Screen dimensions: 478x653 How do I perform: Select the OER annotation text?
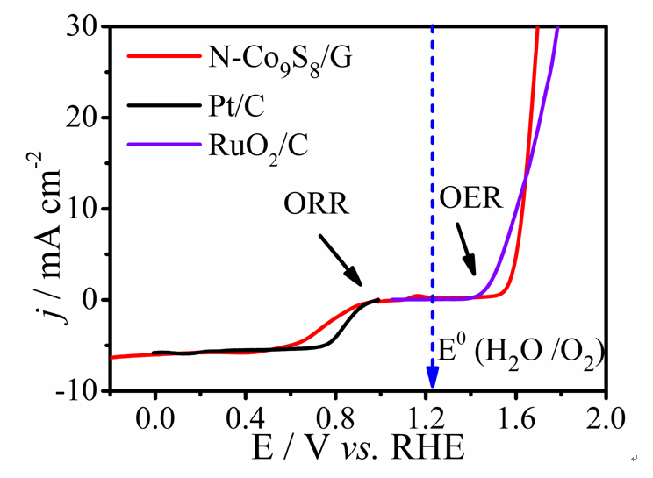pos(470,197)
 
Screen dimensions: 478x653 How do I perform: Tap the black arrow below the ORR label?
pos(342,260)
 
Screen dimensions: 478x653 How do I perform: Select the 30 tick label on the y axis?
pos(85,26)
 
